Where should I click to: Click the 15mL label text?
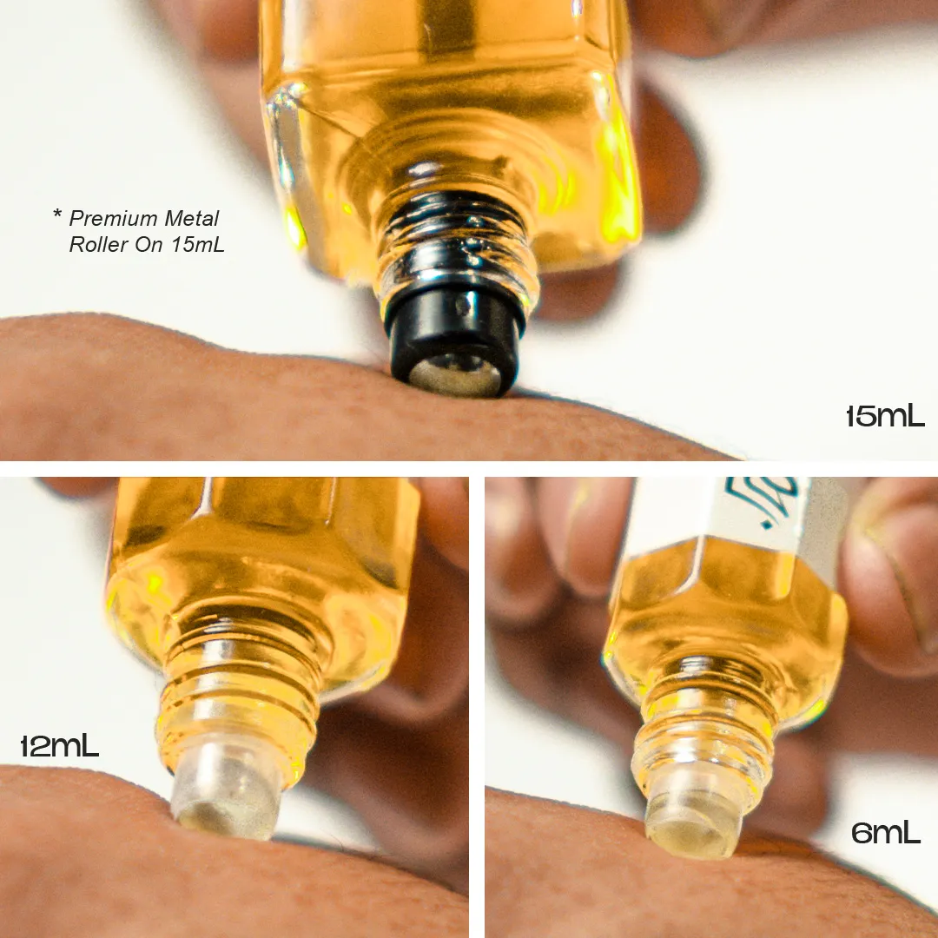tap(885, 416)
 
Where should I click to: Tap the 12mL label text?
tap(60, 745)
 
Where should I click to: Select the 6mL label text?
tap(885, 833)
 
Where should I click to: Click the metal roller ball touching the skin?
tap(454, 375)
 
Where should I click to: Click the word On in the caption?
tap(149, 245)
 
